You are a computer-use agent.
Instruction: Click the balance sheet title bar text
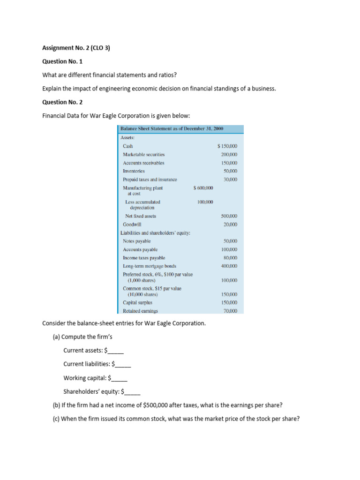pos(172,128)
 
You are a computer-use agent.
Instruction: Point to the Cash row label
pos(128,146)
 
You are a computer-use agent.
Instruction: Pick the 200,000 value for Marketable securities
pos(229,155)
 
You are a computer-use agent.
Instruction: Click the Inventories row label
pos(134,171)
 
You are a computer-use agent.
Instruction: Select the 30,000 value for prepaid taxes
pos(231,180)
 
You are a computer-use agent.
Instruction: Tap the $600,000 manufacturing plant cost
pos(203,188)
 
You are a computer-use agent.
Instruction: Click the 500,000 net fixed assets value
pos(229,216)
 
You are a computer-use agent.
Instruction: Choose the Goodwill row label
pos(132,225)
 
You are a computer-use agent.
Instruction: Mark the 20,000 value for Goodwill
pos(231,225)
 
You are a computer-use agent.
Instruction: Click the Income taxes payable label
pos(144,258)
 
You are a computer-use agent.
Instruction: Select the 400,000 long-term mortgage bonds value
pos(229,266)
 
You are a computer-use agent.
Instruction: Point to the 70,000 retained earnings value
pos(231,311)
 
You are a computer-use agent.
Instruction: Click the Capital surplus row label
pos(137,302)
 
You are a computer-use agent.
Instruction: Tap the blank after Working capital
pos(120,378)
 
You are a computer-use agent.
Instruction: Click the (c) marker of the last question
pos(56,419)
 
